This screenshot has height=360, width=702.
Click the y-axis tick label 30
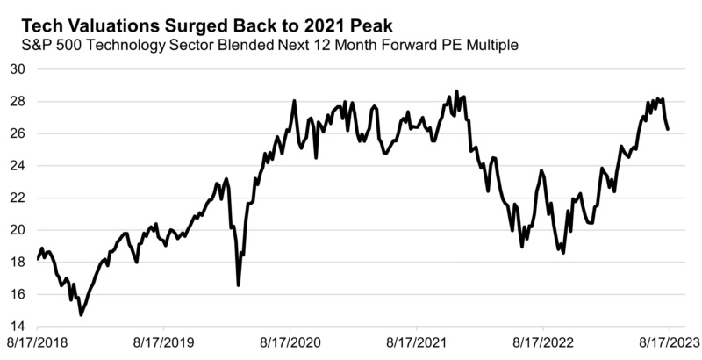[x=18, y=69]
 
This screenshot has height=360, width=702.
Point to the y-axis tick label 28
[x=18, y=102]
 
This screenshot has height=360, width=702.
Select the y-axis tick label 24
[x=18, y=166]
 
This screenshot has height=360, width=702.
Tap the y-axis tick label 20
[x=18, y=230]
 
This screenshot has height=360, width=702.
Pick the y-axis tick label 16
[x=18, y=294]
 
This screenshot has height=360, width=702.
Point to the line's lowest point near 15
[x=81, y=314]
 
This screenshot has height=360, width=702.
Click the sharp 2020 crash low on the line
[x=238, y=284]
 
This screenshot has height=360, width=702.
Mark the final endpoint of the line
[x=669, y=129]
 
